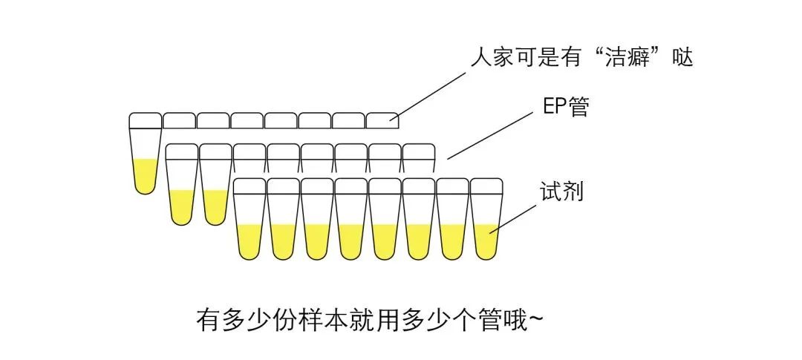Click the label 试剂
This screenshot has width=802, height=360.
tap(561, 192)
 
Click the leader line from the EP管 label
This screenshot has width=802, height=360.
tap(491, 137)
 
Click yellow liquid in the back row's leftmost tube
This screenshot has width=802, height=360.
tap(146, 175)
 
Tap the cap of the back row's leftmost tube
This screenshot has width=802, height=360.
tap(146, 120)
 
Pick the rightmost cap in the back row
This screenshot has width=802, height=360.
tap(384, 120)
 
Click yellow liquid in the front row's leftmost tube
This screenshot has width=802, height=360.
tap(250, 240)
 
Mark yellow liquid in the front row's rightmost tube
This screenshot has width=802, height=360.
tap(487, 240)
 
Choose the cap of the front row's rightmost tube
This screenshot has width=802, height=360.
tap(487, 186)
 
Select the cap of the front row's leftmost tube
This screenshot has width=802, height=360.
tap(250, 186)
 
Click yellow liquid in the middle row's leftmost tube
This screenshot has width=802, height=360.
tap(182, 206)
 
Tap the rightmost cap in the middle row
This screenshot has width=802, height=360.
tap(418, 151)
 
